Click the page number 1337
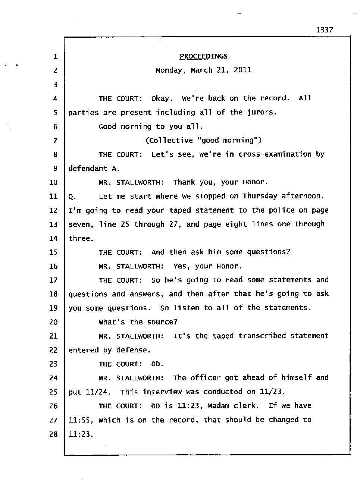pos(324,30)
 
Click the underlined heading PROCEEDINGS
pos(203,56)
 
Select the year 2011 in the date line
pos(242,70)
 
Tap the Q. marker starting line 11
pos(72,197)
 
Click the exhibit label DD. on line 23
pos(157,364)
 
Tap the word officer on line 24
pos(206,378)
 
